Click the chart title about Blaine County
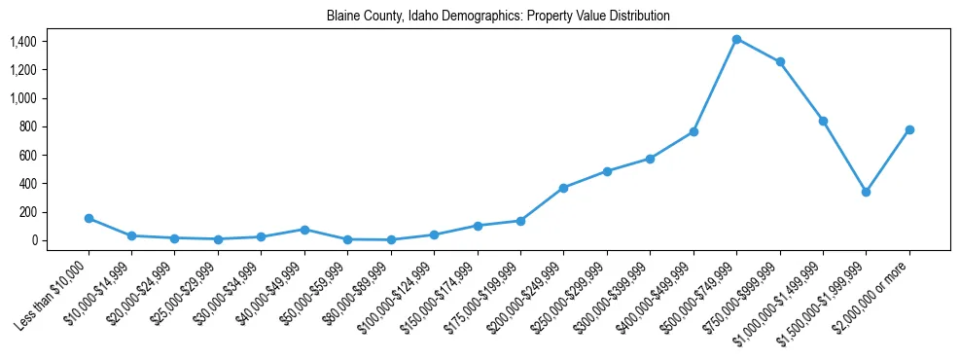click(x=498, y=17)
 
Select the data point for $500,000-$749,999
click(x=737, y=39)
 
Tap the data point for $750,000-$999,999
click(x=780, y=62)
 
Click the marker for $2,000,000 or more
click(x=909, y=129)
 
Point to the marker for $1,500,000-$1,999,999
click(x=866, y=192)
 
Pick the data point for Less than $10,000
click(x=89, y=218)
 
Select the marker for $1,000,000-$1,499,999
click(x=823, y=121)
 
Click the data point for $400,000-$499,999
click(x=693, y=131)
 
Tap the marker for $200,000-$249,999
click(x=563, y=188)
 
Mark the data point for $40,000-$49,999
click(x=304, y=230)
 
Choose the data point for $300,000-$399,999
click(x=650, y=159)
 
